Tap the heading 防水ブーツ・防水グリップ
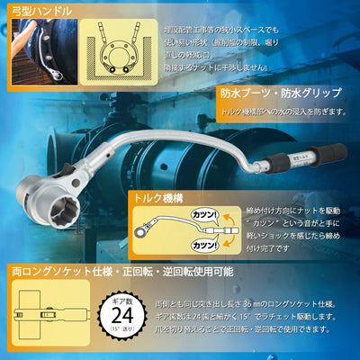[x=280, y=94]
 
